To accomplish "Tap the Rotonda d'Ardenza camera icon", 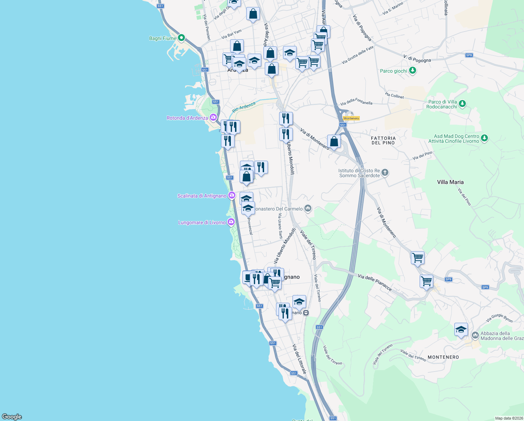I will (213, 118).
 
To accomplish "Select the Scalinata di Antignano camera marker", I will (232, 195).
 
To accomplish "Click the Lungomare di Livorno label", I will (202, 222).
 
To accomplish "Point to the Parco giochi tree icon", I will (413, 71).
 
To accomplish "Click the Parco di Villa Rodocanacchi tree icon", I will (462, 103).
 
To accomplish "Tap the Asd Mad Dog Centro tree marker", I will (484, 138).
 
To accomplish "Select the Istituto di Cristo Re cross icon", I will (385, 172).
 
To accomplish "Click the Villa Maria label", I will (450, 182).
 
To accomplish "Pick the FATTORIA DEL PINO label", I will (383, 140).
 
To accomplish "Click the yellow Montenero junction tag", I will (351, 118).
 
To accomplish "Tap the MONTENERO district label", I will (443, 357).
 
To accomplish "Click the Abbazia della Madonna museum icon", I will (475, 335).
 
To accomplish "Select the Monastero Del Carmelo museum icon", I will (308, 209).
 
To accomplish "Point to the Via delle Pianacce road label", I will (375, 282).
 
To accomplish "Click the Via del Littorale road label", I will (299, 359).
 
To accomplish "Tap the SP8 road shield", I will (469, 55).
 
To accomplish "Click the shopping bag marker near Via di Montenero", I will (334, 142).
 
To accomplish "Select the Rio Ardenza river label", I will (244, 107).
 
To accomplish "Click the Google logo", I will (12, 416).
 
